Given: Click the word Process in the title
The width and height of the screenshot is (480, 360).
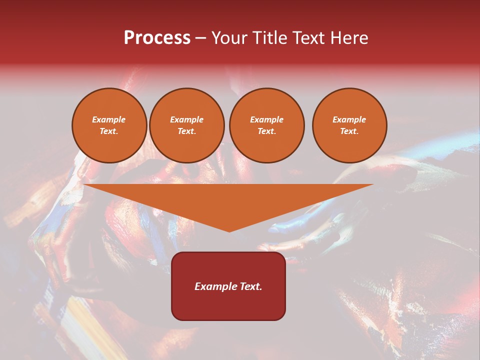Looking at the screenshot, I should [x=157, y=38].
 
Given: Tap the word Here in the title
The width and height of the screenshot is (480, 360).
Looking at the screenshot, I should [x=349, y=38].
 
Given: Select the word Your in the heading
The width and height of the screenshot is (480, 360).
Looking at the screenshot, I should [x=228, y=38].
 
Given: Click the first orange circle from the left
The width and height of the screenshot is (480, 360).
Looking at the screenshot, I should [x=109, y=125].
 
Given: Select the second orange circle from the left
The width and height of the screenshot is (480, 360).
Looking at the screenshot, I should [x=187, y=125].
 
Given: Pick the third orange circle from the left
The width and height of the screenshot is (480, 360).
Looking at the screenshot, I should [x=266, y=125].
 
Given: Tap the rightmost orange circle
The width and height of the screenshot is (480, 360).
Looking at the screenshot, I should [x=349, y=125].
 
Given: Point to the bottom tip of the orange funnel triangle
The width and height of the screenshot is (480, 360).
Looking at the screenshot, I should [x=229, y=231].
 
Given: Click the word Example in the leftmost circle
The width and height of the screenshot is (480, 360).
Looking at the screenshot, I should [x=109, y=120].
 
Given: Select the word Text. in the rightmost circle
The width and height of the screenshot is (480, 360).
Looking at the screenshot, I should [x=349, y=131].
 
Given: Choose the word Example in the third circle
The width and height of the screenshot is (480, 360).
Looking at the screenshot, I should [x=266, y=120].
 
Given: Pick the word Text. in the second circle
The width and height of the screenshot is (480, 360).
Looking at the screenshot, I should [x=187, y=131].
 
